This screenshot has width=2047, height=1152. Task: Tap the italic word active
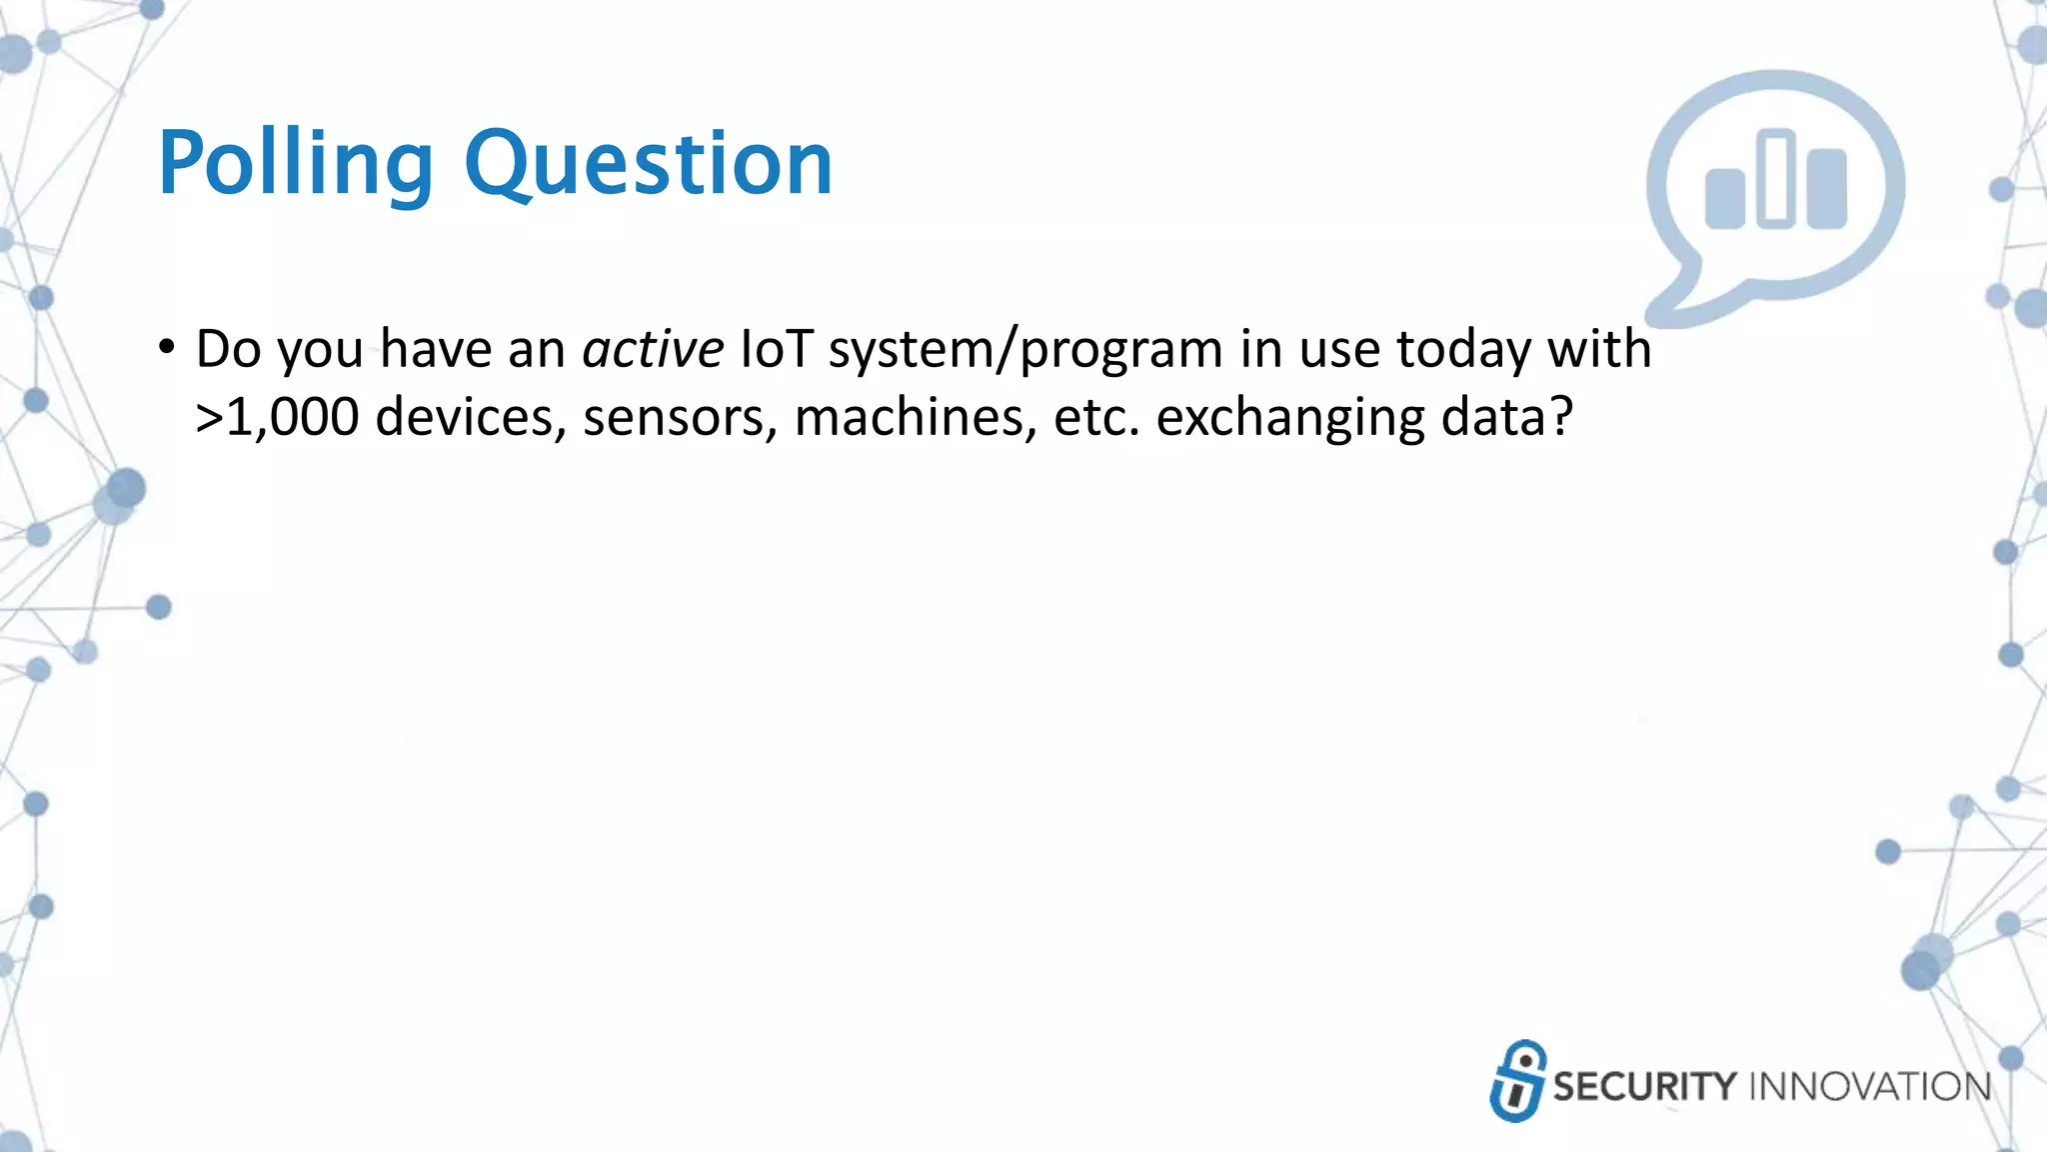[653, 350]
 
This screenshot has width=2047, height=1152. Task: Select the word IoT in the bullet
[775, 350]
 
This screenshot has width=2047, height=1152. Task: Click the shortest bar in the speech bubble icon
[1724, 199]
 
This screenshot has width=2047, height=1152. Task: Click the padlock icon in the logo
[1518, 1081]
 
